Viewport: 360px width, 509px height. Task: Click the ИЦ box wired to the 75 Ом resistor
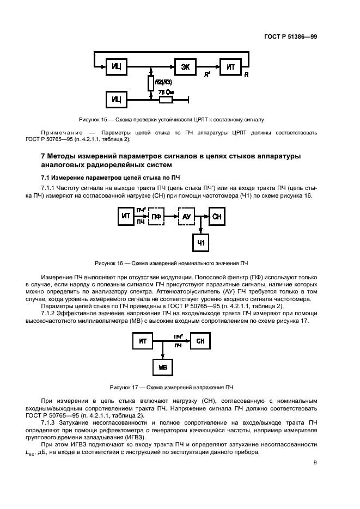(x=116, y=100)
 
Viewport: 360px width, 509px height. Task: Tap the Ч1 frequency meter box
(x=201, y=242)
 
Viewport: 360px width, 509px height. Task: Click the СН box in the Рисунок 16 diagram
(x=217, y=216)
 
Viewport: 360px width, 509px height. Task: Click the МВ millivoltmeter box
(x=162, y=367)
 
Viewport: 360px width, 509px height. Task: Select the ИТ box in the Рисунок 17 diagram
(x=143, y=341)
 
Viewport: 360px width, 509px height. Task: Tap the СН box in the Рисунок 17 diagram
(x=200, y=341)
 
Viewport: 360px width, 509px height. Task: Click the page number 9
(x=315, y=463)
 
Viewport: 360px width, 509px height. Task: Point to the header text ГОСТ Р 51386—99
(x=291, y=36)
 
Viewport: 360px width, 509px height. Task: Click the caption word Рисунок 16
(x=109, y=263)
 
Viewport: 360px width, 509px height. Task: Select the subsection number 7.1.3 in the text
(x=50, y=422)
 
